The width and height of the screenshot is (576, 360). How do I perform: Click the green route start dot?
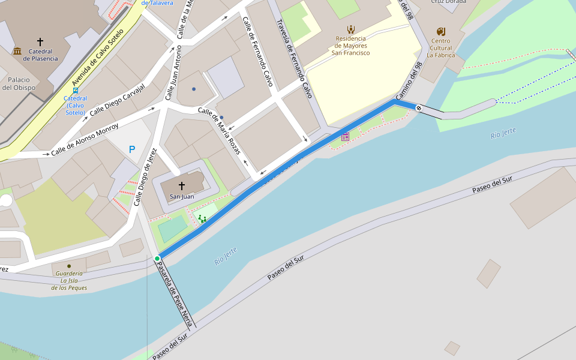[157, 259]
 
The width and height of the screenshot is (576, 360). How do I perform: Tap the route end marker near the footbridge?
[418, 108]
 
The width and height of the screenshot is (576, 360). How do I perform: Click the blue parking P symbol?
[132, 149]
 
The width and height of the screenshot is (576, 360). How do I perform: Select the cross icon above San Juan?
[182, 186]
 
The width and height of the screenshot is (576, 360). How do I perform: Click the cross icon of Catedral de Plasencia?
[40, 41]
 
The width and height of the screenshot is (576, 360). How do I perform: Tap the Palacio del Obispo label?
[19, 83]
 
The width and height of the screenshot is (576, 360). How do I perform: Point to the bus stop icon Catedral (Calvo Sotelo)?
[75, 91]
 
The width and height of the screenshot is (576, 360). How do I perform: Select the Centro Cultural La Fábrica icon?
[441, 31]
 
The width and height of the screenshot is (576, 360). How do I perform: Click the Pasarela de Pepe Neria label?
[175, 295]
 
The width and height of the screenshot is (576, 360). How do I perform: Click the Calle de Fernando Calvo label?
[258, 52]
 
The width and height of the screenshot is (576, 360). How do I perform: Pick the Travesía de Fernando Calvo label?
[294, 59]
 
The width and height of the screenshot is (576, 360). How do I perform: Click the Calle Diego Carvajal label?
[118, 100]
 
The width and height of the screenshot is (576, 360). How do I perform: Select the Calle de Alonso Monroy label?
[85, 140]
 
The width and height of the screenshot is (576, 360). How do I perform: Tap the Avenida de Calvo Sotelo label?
[97, 58]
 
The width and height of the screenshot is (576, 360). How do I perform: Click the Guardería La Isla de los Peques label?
[69, 280]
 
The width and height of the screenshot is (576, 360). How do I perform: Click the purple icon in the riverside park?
[345, 137]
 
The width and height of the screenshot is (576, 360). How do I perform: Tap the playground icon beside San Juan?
[203, 220]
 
